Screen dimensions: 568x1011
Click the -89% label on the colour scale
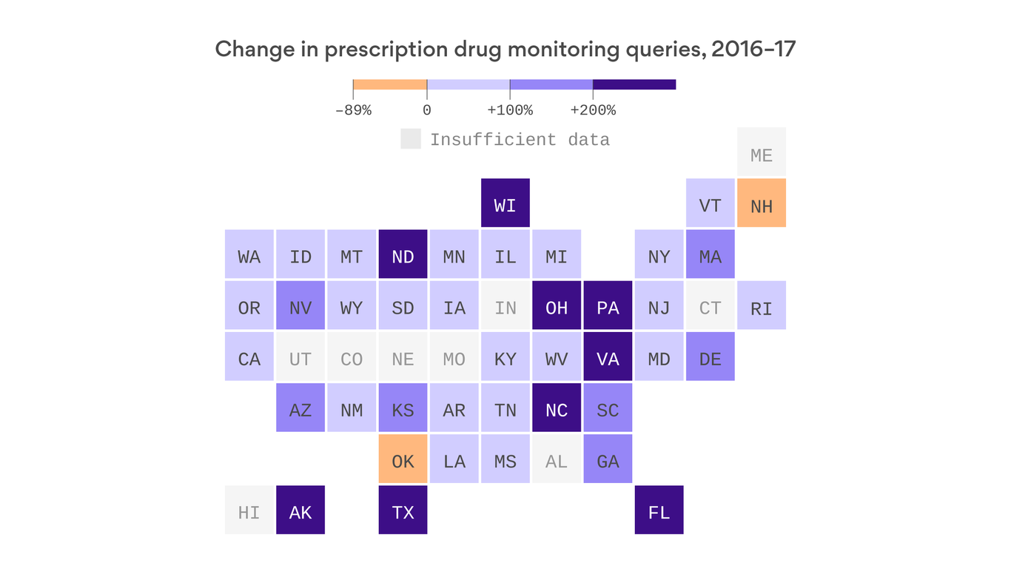click(x=353, y=111)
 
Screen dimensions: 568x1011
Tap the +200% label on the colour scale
click(x=593, y=111)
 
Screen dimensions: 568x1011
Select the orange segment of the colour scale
click(x=390, y=84)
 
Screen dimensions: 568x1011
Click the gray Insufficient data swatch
click(x=411, y=139)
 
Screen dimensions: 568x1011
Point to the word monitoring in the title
click(x=573, y=50)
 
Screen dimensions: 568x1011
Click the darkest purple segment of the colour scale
click(x=634, y=84)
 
